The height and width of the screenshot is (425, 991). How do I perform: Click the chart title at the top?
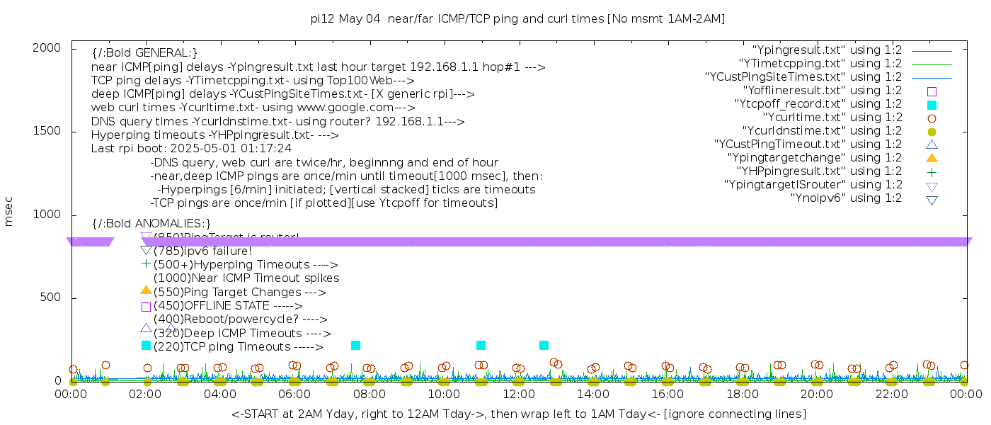(x=518, y=19)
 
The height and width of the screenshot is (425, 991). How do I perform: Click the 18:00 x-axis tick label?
(x=742, y=394)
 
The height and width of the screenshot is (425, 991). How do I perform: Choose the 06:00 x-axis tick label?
(x=294, y=394)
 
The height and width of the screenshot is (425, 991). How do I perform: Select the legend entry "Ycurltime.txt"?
(x=832, y=118)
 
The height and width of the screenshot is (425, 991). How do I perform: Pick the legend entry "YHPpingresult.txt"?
(x=819, y=171)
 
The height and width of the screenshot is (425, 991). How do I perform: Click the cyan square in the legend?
(x=932, y=105)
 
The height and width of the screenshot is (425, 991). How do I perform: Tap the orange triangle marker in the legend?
(x=932, y=158)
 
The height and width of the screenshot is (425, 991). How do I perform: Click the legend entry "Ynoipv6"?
(x=846, y=198)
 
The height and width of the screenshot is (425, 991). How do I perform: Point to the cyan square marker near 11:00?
(x=481, y=345)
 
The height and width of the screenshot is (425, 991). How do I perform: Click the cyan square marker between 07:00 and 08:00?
(x=355, y=345)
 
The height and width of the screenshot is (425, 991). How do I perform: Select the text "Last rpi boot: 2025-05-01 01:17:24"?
(x=191, y=149)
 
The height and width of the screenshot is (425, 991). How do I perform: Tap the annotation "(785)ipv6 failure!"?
(x=202, y=251)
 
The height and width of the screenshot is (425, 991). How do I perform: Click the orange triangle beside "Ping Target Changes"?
(x=146, y=290)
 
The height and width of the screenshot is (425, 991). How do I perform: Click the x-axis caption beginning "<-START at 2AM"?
(x=518, y=414)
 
